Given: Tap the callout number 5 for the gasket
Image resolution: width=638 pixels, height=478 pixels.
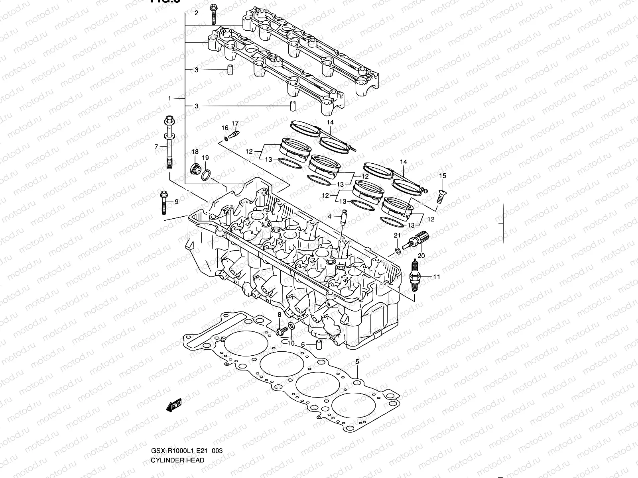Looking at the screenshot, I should click(x=357, y=362).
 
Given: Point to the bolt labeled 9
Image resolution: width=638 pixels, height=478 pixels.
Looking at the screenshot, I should click(x=164, y=202).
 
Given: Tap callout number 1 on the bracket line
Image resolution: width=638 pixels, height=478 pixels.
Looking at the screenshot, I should click(x=169, y=98).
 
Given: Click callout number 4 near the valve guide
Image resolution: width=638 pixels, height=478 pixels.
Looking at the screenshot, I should click(x=330, y=216).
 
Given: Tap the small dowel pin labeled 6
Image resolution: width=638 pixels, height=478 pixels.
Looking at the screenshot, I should click(x=319, y=344).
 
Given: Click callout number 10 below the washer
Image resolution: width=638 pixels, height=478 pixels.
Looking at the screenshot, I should click(x=291, y=343).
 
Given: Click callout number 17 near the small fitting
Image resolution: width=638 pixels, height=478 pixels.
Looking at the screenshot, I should click(x=235, y=123).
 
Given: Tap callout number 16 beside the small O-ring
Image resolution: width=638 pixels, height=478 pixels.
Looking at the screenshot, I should click(x=225, y=128).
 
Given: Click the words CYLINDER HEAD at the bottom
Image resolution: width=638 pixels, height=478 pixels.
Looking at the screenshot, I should click(x=177, y=460).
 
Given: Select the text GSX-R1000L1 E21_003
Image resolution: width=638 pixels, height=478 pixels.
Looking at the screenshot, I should click(x=186, y=451).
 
